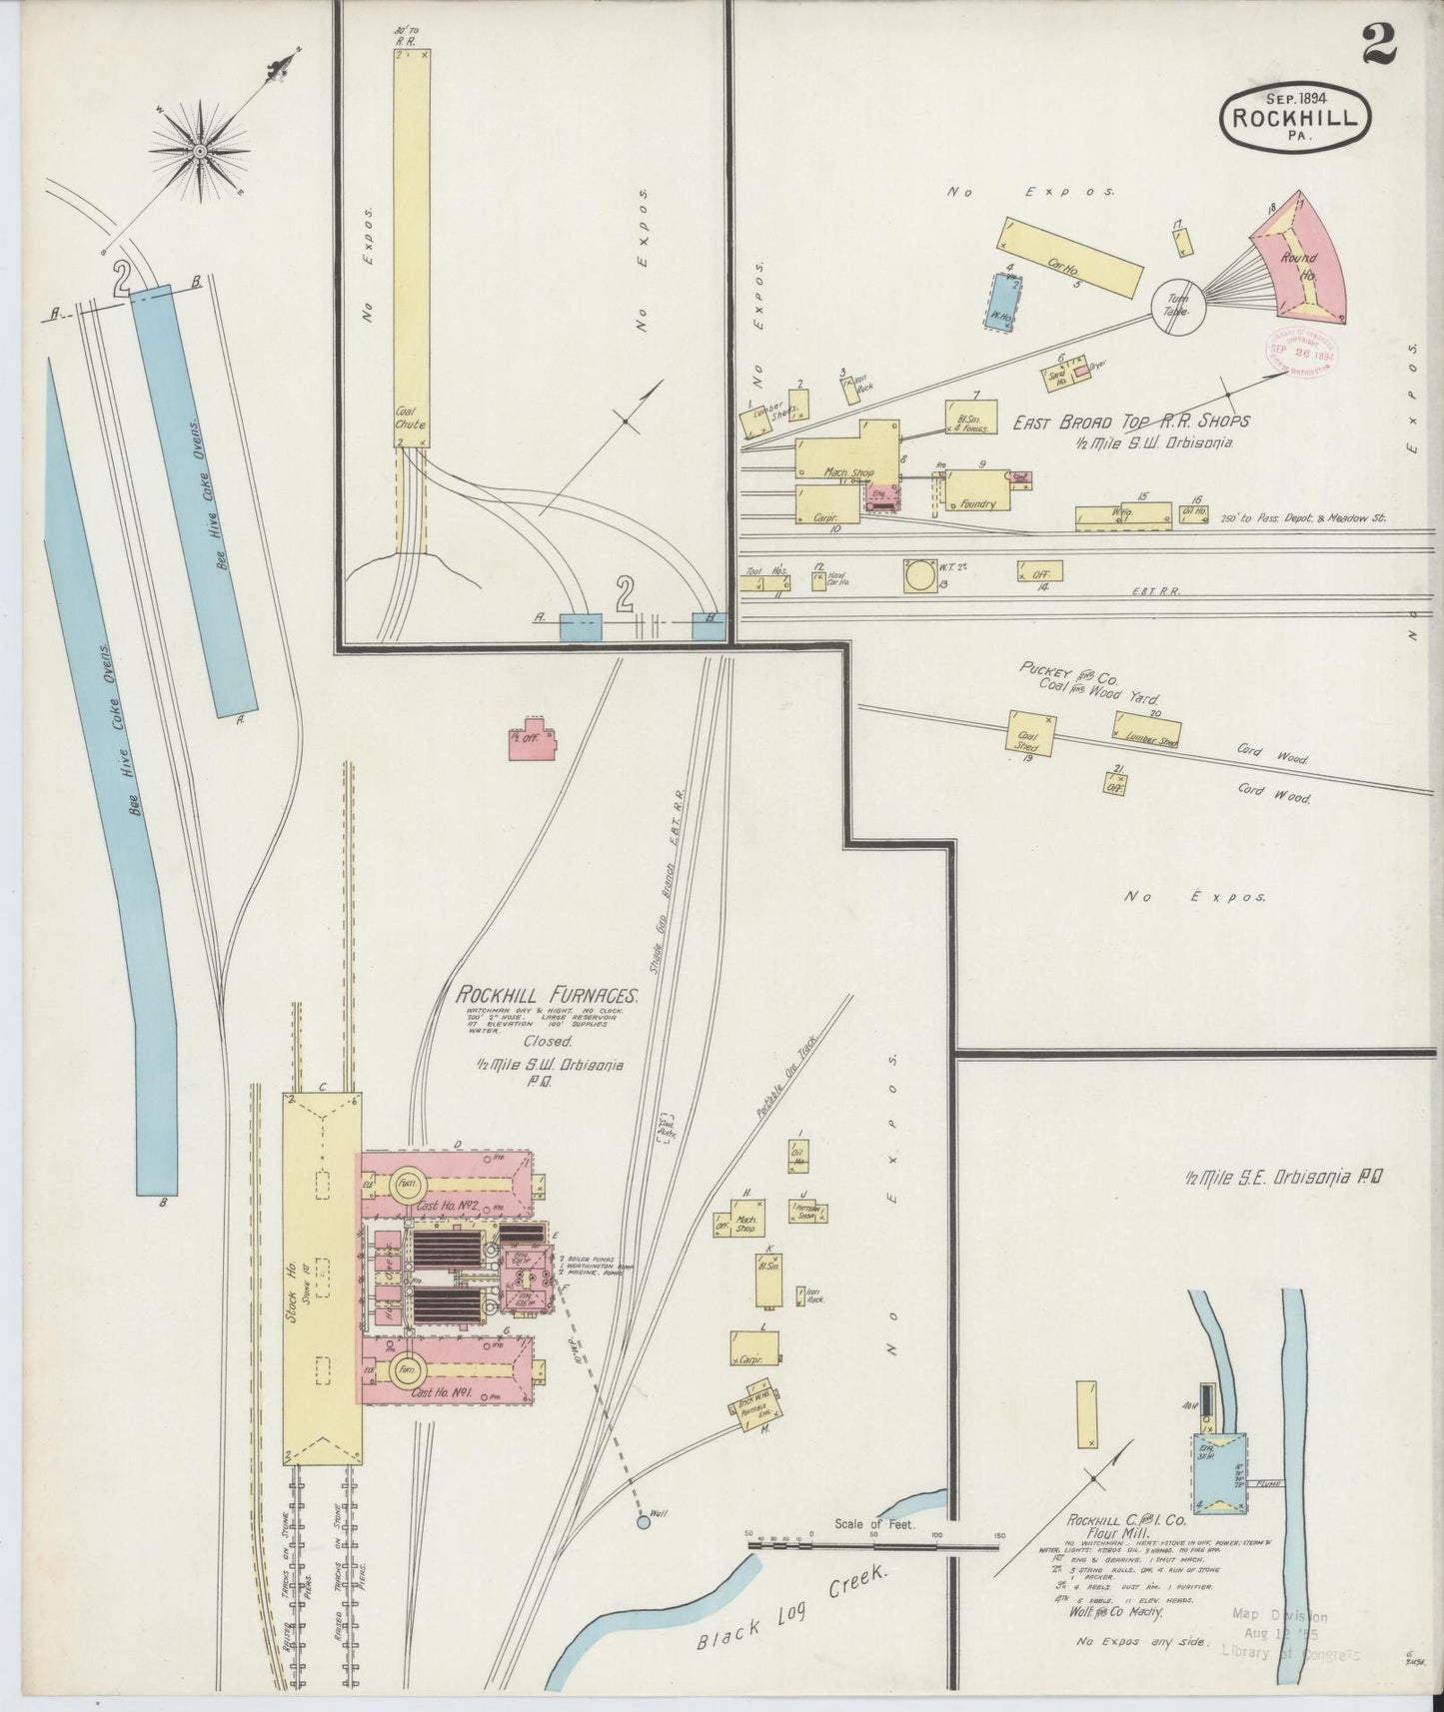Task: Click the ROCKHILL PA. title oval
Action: (x=1294, y=115)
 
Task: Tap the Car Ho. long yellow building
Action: (x=1069, y=256)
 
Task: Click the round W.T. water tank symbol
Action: (x=916, y=575)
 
